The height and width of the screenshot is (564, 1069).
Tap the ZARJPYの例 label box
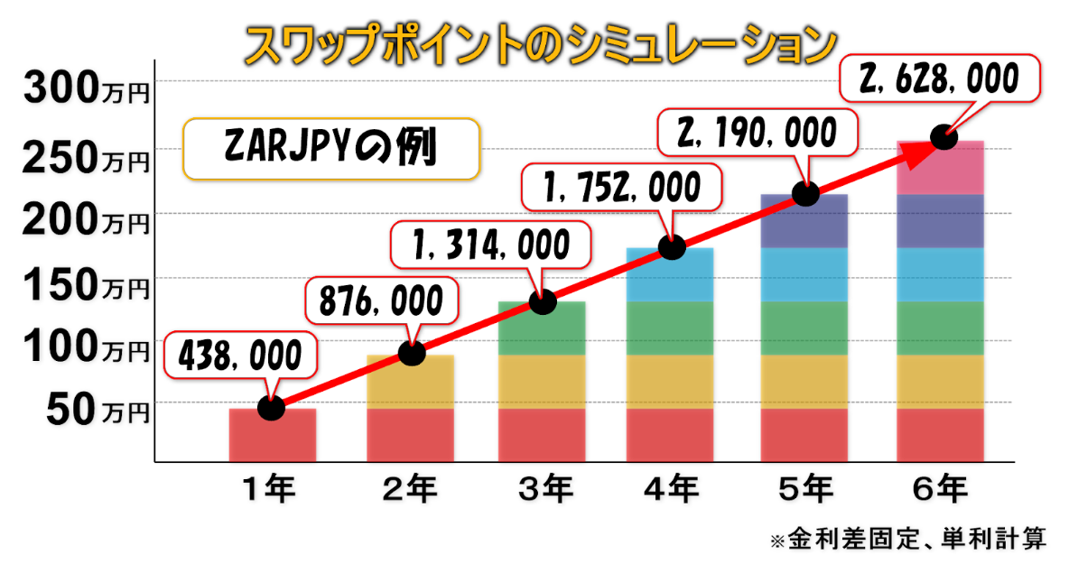(x=330, y=148)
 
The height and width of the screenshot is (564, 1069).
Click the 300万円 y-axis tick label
(x=86, y=89)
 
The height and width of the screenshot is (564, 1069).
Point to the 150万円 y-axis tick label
(x=86, y=286)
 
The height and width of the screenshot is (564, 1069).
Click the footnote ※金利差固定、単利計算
(x=907, y=541)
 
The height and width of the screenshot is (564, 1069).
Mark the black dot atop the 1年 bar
(x=271, y=408)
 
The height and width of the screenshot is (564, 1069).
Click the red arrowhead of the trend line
(x=916, y=153)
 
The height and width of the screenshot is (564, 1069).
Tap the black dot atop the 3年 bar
(x=543, y=301)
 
